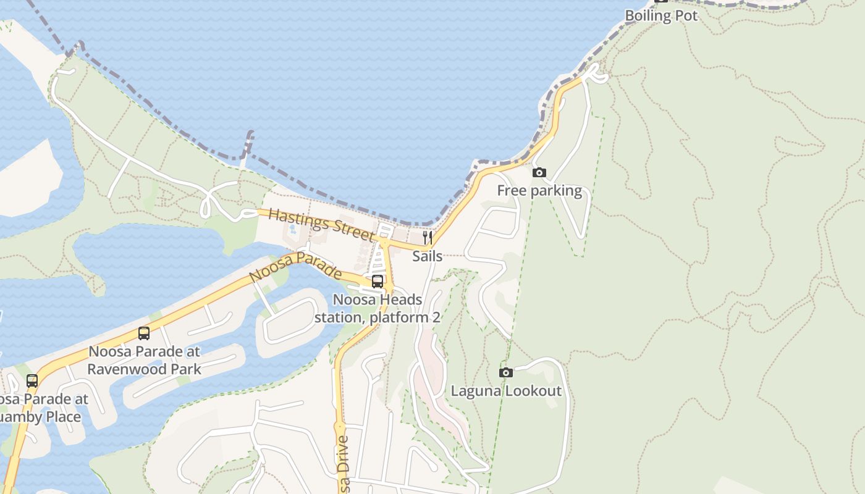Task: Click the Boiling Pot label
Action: coord(661,15)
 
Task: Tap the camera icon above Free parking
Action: coord(539,173)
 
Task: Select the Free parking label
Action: coord(539,191)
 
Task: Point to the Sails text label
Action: coord(427,256)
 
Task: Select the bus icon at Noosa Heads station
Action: coord(378,282)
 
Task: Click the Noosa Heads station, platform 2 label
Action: coord(378,309)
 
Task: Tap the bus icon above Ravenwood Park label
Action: coord(144,333)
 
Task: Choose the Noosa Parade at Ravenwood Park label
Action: coord(144,361)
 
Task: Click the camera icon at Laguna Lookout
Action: coord(506,372)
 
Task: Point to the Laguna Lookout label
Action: coord(506,391)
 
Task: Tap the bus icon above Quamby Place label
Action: coord(32,381)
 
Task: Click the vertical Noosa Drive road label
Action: coord(344,463)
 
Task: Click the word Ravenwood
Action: coord(122,369)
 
